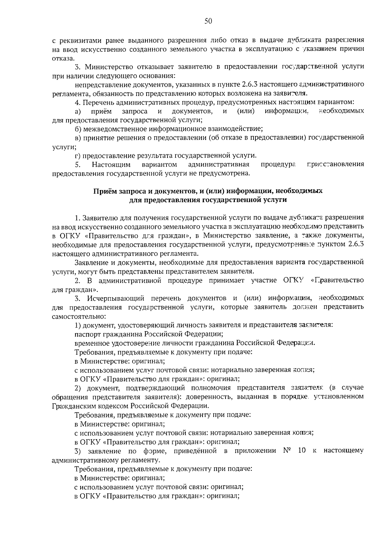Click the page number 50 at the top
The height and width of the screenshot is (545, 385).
tap(208, 22)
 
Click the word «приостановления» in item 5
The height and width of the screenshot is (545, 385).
tap(335, 165)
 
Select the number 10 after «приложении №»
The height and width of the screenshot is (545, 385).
tap(302, 450)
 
